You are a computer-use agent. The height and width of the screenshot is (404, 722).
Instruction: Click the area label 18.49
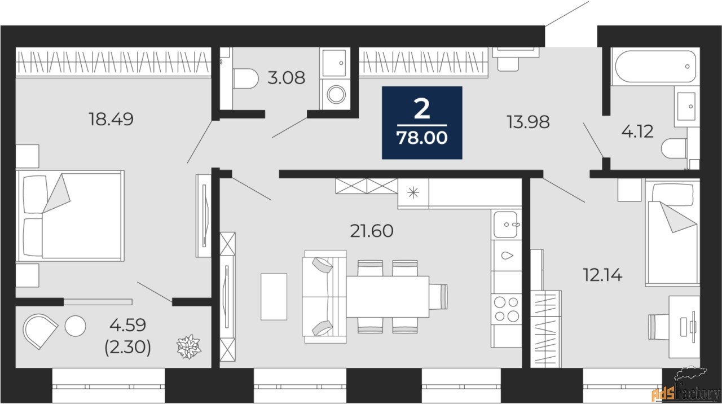[111, 119]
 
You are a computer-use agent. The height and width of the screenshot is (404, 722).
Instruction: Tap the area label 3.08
[286, 78]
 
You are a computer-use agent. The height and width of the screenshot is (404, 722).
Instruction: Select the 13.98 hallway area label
[529, 122]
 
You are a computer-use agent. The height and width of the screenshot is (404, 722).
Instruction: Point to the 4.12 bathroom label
[637, 131]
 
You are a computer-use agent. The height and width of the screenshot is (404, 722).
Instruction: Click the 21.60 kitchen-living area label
[372, 231]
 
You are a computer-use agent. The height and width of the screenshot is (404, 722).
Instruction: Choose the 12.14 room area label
[603, 275]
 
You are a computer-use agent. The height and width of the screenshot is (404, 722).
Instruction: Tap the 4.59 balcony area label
[128, 324]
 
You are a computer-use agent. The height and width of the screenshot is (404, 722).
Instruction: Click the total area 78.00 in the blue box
[422, 138]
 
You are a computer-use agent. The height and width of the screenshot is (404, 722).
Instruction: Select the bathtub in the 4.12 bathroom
[655, 67]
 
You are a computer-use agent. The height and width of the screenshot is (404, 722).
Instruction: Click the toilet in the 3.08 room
[245, 78]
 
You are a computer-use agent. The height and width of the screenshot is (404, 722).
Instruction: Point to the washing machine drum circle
[336, 95]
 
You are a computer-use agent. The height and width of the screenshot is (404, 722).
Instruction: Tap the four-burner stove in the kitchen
[507, 309]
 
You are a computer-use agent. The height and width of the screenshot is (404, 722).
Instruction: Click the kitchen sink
[506, 225]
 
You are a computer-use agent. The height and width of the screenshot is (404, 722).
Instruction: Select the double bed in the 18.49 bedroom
[71, 216]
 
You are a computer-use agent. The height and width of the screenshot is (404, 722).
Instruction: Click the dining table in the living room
[388, 297]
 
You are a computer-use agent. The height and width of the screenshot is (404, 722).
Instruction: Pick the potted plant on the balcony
[189, 346]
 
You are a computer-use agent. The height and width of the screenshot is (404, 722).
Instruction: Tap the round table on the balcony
[76, 326]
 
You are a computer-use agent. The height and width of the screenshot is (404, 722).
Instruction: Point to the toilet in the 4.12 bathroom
[675, 148]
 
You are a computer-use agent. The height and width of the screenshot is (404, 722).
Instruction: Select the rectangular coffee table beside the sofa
[274, 297]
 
